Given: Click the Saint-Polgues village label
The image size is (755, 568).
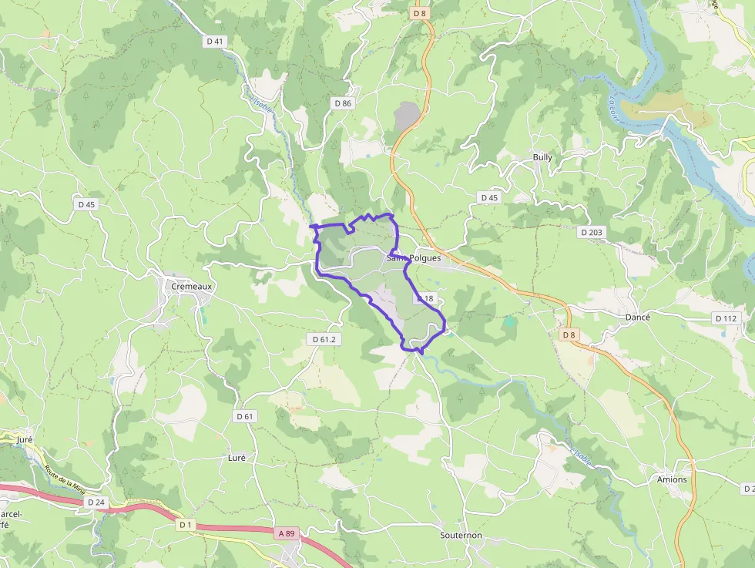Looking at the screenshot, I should [x=414, y=258].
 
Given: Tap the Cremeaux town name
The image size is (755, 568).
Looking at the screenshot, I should [x=191, y=286].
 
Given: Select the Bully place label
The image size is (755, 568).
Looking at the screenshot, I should [x=542, y=157].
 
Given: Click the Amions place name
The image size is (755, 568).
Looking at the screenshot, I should [x=672, y=479].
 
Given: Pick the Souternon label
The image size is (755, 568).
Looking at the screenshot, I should [x=461, y=535].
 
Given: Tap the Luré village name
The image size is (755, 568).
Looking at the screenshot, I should [x=237, y=457].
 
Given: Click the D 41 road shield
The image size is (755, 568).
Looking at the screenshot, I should [x=214, y=41].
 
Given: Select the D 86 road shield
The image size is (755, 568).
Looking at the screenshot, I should [x=343, y=103].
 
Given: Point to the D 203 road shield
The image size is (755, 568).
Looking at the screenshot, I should [x=592, y=231].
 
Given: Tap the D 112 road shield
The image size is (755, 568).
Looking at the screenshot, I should [x=726, y=318].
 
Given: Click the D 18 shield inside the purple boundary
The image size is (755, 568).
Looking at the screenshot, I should [x=426, y=298].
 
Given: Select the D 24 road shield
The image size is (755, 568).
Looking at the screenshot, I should [x=96, y=502].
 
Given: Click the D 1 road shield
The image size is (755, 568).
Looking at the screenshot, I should [x=185, y=524].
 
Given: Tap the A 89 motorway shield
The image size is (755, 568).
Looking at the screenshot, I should [x=287, y=533].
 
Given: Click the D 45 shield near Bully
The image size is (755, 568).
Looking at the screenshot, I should [x=489, y=198].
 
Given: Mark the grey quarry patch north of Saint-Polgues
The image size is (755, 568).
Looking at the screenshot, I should [x=407, y=116].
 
